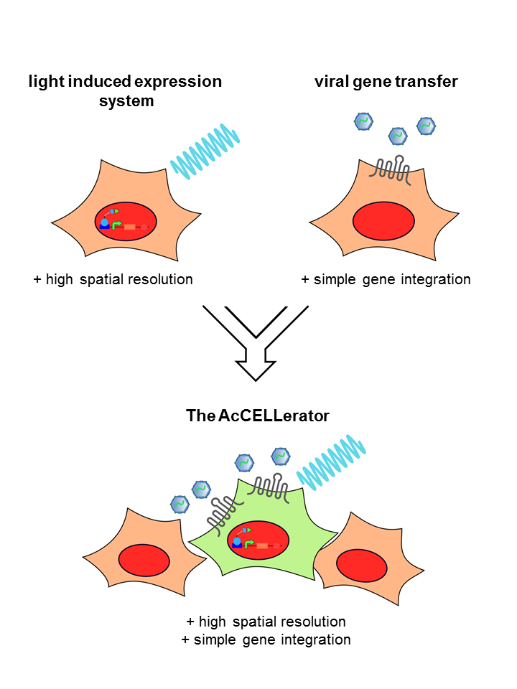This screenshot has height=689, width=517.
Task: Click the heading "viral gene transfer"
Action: coord(386,81)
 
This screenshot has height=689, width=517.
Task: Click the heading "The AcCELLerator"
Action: coord(258,415)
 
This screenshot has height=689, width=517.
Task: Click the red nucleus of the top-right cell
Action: coord(384,221)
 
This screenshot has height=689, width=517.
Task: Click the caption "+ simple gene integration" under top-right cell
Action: coord(386,279)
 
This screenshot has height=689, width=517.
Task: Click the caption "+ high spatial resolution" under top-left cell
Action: coord(113,279)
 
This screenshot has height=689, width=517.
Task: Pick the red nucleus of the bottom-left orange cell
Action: coord(144,560)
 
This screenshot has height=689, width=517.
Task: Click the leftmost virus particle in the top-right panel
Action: coord(364,121)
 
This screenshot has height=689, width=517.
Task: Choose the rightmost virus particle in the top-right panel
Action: coord(427,126)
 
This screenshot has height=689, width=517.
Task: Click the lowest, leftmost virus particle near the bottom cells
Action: coord(180,504)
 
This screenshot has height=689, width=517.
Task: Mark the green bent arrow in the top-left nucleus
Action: coord(117,225)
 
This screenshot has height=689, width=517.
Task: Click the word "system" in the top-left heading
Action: coord(126,101)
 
